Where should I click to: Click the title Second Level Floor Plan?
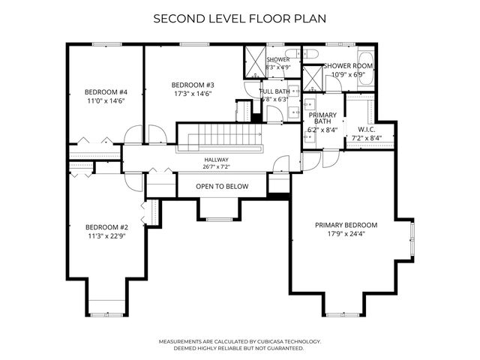click(x=240, y=19)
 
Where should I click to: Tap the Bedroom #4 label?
click(x=106, y=92)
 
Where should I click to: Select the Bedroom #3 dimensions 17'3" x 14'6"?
click(x=193, y=94)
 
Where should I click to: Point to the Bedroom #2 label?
click(x=106, y=227)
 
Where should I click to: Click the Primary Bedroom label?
click(x=346, y=225)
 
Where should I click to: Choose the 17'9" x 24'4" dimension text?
click(x=346, y=234)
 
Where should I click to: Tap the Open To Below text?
click(x=222, y=187)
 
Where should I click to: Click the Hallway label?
click(x=217, y=160)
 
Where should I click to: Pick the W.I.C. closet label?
click(x=367, y=130)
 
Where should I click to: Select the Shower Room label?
click(x=348, y=66)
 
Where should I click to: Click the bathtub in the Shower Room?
click(x=366, y=68)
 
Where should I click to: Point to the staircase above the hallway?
click(x=220, y=137)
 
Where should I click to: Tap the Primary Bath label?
click(x=322, y=118)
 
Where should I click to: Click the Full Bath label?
click(x=274, y=91)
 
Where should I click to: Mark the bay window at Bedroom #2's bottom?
click(x=106, y=314)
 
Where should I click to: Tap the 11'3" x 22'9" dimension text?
click(x=106, y=236)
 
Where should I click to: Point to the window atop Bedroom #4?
click(x=106, y=44)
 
